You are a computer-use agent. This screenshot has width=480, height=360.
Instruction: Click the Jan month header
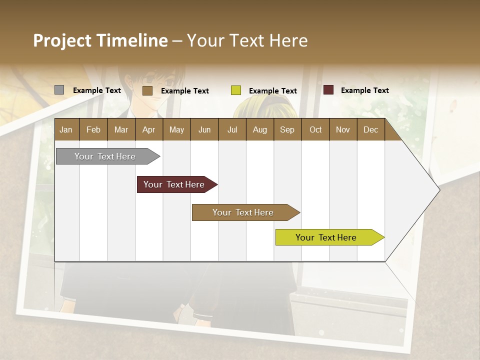pos(66,129)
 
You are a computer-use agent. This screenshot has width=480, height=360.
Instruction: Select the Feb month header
pos(93,129)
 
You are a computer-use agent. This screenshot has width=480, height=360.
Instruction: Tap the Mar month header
pos(121,129)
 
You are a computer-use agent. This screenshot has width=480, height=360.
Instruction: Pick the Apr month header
pos(149,129)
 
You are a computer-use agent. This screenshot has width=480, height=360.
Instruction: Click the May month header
pos(176,129)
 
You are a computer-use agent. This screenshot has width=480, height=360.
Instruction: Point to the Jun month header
pos(204,129)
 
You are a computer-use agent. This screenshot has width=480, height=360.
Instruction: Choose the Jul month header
pos(232,129)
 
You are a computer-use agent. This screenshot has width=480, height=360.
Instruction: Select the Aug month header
pos(260,129)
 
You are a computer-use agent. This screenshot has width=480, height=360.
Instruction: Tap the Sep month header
pos(287,129)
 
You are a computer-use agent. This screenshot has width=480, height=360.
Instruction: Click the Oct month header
pos(315,129)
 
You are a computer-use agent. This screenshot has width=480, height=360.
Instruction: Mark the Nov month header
pos(343,129)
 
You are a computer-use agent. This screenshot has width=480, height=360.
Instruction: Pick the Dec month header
pos(371,129)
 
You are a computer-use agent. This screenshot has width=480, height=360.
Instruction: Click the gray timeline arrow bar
pos(105,156)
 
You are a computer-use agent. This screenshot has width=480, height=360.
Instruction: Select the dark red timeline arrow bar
pos(174,184)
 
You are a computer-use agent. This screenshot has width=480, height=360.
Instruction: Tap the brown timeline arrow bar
pos(243,212)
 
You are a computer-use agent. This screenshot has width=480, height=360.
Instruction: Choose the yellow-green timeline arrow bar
pos(326,237)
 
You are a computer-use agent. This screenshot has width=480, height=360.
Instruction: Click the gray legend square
pos(59,90)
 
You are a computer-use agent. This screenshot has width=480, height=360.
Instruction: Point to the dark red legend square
pos(328,90)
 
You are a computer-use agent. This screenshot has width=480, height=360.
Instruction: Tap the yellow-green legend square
pos(236,90)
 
